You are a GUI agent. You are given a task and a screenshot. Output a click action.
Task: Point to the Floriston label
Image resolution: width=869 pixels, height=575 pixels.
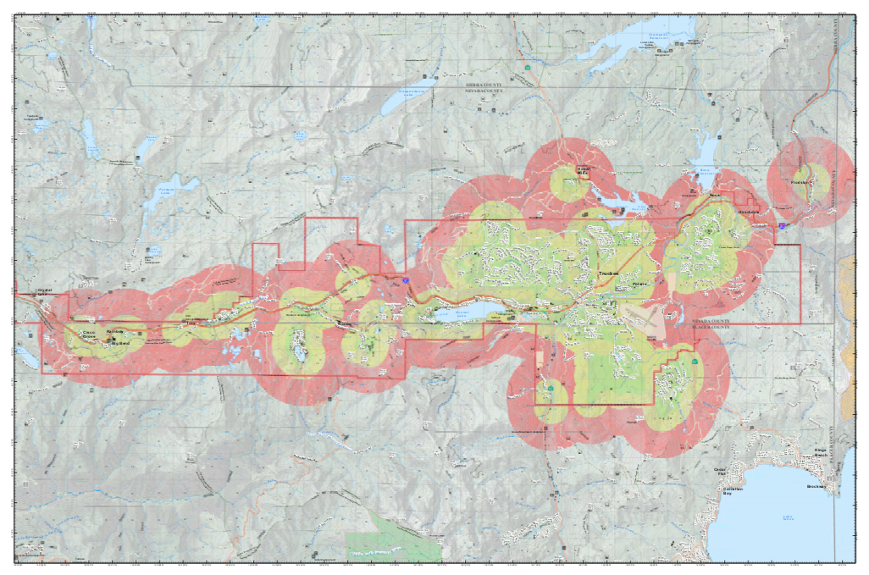click(x=800, y=183)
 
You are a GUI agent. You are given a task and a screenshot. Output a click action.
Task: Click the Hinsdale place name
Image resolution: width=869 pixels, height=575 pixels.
click(x=748, y=211)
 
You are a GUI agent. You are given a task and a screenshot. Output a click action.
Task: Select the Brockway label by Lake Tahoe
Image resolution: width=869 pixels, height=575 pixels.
click(x=816, y=487)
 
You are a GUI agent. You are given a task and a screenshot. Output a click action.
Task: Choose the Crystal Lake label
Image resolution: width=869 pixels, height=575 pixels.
click(x=45, y=294)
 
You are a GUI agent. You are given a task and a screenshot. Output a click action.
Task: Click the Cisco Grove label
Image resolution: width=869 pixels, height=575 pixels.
click(x=88, y=335)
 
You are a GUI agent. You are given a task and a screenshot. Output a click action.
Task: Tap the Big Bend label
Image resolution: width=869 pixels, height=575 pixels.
click(x=119, y=343)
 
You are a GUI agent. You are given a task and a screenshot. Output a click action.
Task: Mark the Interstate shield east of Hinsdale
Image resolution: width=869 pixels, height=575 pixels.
click(x=783, y=226)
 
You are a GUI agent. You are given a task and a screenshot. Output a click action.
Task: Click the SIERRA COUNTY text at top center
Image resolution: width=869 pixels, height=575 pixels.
click(x=484, y=86)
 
